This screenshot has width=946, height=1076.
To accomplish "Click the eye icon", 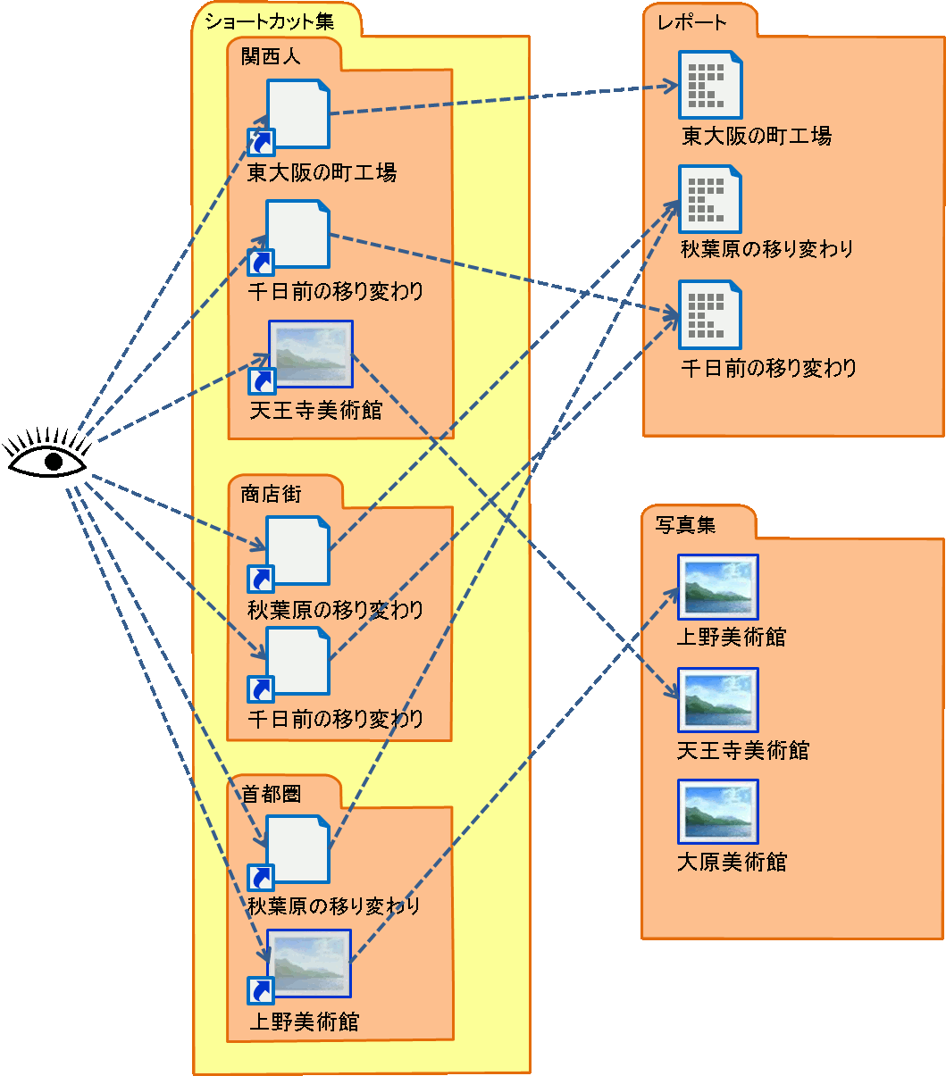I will tap(48, 458).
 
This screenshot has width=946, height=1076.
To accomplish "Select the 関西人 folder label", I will tap(271, 56).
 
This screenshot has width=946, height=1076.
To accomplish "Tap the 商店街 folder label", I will tap(271, 494).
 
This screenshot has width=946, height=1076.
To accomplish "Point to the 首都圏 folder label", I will tap(271, 794).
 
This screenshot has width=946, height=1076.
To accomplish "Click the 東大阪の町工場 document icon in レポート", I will tap(709, 85).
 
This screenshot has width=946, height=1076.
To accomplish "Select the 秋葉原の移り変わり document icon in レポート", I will tap(709, 199).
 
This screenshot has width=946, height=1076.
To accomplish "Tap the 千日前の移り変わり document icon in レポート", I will tap(709, 314).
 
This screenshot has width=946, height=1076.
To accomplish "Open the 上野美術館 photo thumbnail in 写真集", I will tap(717, 587).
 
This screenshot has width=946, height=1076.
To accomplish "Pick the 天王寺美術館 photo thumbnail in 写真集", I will tap(717, 700).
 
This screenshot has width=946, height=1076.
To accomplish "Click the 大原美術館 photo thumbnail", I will tap(717, 812).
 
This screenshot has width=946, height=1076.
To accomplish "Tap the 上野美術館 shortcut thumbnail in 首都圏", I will tap(308, 963).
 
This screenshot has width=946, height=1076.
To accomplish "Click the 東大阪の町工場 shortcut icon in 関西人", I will tap(297, 114).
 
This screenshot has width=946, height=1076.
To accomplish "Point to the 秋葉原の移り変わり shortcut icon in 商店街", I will tap(297, 551).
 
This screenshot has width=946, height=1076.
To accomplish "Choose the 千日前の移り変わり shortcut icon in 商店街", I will tap(297, 662).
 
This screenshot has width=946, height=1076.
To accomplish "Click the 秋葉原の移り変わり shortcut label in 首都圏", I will tap(333, 906).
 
